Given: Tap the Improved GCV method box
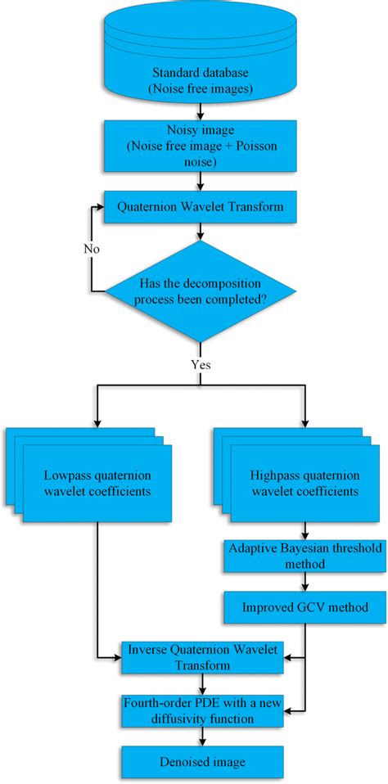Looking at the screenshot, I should pyautogui.click(x=305, y=607).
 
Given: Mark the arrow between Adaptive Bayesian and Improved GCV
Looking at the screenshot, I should pyautogui.click(x=305, y=583).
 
